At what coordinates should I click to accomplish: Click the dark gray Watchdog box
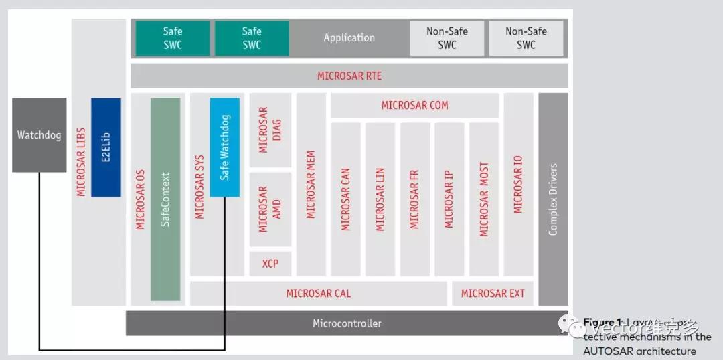pyautogui.click(x=39, y=135)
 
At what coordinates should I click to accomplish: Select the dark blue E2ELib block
pyautogui.click(x=106, y=147)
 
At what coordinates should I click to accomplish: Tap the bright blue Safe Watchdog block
pyautogui.click(x=225, y=147)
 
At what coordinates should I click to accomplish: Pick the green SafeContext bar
pyautogui.click(x=165, y=199)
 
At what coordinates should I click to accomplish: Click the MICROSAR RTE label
pyautogui.click(x=349, y=76)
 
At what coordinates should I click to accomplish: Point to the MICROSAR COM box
pyautogui.click(x=414, y=105)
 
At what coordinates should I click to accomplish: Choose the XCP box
pyautogui.click(x=270, y=264)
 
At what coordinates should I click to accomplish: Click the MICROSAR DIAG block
pyautogui.click(x=270, y=130)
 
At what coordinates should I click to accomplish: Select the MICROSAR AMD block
pyautogui.click(x=270, y=209)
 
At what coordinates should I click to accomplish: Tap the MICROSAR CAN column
pyautogui.click(x=345, y=199)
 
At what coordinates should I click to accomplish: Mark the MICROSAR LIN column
pyautogui.click(x=380, y=199)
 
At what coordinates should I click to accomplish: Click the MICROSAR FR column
pyautogui.click(x=414, y=199)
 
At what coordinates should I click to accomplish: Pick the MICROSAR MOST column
pyautogui.click(x=484, y=199)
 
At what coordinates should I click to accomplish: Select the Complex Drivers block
pyautogui.click(x=553, y=199)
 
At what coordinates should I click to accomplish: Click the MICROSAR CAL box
pyautogui.click(x=318, y=293)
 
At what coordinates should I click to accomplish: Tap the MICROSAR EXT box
pyautogui.click(x=493, y=293)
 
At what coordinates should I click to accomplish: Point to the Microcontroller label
pyautogui.click(x=347, y=323)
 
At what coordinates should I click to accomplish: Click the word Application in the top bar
pyautogui.click(x=349, y=38)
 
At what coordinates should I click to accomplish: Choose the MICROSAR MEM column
pyautogui.click(x=311, y=184)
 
